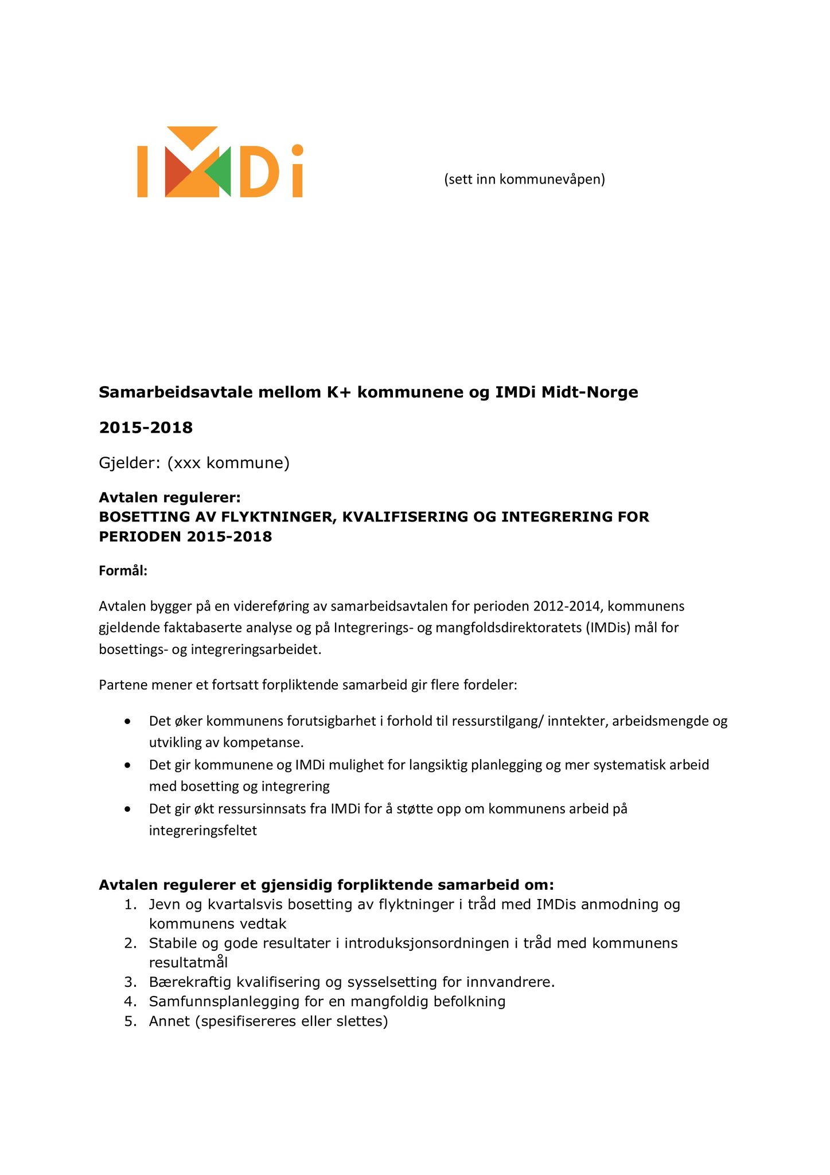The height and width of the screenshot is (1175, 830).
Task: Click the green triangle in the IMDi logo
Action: click(220, 172)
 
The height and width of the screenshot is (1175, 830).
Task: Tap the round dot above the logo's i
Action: click(297, 150)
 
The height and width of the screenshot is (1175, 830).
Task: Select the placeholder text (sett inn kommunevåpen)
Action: click(524, 180)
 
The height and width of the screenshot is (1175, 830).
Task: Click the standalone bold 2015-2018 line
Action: click(146, 427)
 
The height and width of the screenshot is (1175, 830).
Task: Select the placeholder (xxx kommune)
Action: click(228, 462)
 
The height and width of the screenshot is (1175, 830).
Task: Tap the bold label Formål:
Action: click(123, 571)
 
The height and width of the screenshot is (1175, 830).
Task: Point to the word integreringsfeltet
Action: click(203, 830)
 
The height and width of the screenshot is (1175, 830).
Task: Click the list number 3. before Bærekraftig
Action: click(130, 982)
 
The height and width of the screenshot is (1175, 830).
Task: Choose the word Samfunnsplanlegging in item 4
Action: click(227, 1002)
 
